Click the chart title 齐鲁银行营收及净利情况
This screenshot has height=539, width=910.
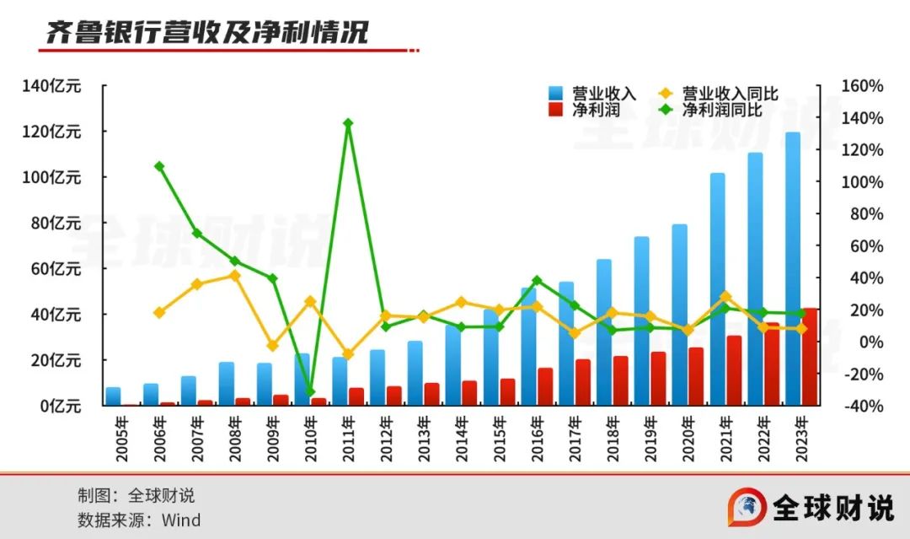[206, 33]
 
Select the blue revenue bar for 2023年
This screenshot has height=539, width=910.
[793, 253]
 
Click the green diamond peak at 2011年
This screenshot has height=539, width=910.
[347, 124]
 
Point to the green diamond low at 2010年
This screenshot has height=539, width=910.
[310, 392]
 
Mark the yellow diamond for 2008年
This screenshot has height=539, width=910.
[235, 276]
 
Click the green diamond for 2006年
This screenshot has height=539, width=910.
[159, 167]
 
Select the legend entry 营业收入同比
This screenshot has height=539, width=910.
[730, 93]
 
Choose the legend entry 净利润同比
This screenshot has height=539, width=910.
[721, 110]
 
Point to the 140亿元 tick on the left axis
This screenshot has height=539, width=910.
[52, 86]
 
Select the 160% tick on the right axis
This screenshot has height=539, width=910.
[861, 86]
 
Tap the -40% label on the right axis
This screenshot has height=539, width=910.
[861, 406]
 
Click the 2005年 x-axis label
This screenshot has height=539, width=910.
[123, 439]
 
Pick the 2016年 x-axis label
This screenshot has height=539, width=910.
[537, 439]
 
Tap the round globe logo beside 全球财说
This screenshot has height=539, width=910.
[747, 507]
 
